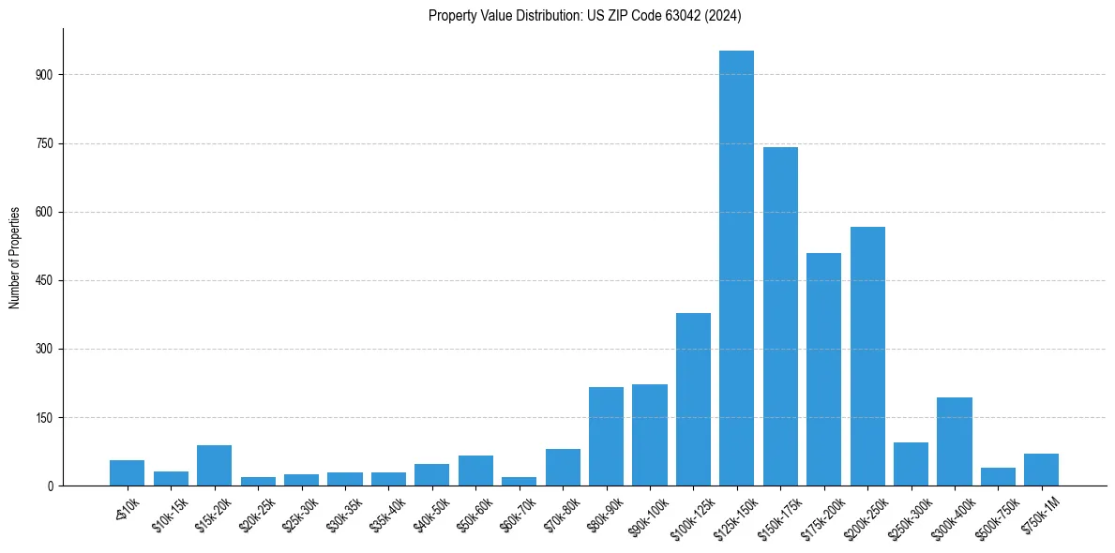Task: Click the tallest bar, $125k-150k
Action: [736, 268]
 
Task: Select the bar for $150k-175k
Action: [780, 317]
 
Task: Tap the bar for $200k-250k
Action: [867, 356]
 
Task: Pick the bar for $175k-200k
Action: [823, 369]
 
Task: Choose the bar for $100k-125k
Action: [693, 399]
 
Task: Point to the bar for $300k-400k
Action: [955, 441]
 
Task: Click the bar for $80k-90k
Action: [606, 437]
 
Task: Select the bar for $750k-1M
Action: [1041, 470]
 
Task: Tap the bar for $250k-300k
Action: [911, 464]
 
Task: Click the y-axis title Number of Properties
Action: [15, 258]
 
